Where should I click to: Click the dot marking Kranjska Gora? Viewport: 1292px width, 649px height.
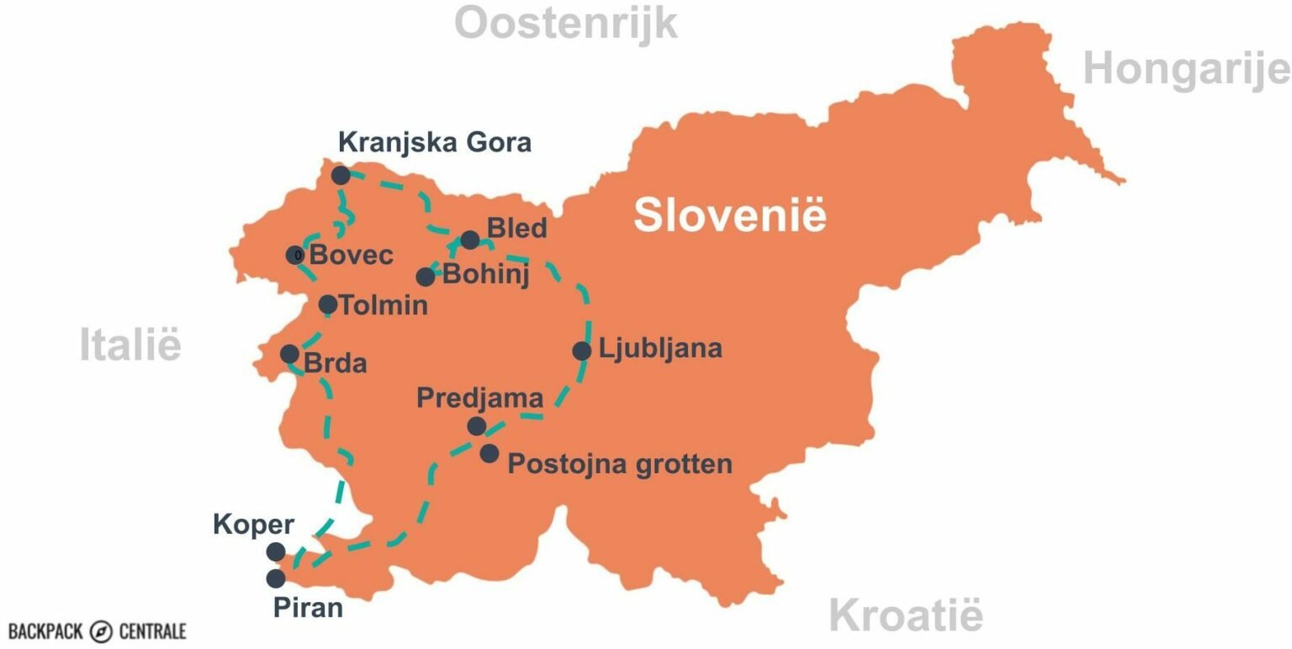click(x=341, y=175)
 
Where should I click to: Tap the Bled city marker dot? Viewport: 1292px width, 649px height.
click(x=470, y=240)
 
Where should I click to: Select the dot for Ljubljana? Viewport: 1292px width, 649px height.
click(x=582, y=351)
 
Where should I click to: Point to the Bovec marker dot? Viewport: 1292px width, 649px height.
click(x=295, y=255)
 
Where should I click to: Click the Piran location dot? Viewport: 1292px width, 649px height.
click(x=275, y=578)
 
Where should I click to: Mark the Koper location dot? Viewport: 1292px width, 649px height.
click(x=275, y=551)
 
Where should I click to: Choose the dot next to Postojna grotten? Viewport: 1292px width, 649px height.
click(x=490, y=454)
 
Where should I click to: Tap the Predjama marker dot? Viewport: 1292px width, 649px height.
click(x=477, y=426)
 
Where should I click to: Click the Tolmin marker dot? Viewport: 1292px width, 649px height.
click(x=328, y=304)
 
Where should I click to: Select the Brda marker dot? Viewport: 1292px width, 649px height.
click(x=289, y=354)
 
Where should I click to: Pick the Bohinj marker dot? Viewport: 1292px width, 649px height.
click(x=426, y=277)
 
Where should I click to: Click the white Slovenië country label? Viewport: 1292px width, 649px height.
click(x=729, y=214)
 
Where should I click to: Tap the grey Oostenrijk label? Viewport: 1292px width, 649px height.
click(x=565, y=24)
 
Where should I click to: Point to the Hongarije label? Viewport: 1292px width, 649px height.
click(x=1186, y=68)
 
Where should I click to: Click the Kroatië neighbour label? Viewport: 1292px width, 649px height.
click(x=905, y=615)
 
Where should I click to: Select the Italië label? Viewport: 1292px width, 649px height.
click(x=130, y=346)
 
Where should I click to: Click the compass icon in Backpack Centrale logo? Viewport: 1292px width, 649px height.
click(x=102, y=631)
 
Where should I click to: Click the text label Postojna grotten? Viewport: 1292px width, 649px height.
click(x=620, y=463)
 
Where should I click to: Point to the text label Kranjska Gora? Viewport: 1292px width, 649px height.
click(x=435, y=142)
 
